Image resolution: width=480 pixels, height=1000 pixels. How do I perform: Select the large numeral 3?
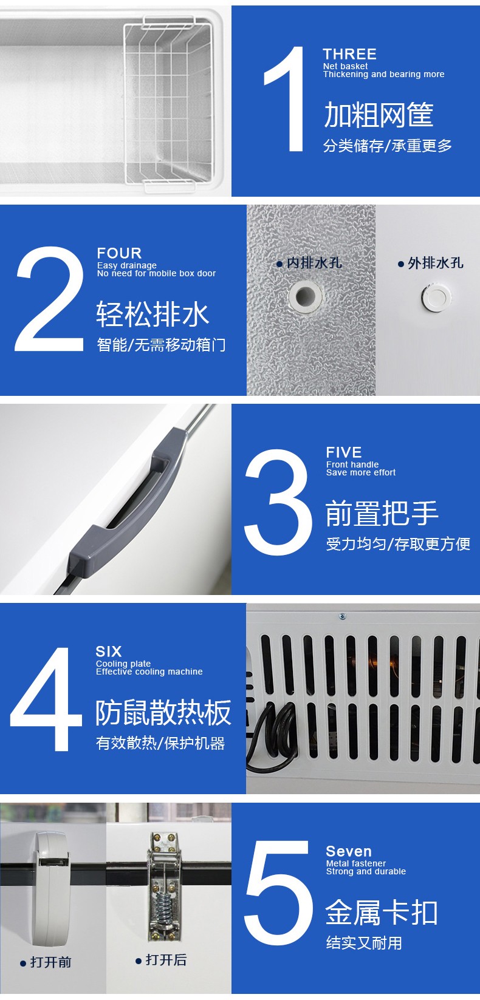coord(278,502)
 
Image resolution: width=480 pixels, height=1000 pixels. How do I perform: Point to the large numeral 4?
coord(47,699)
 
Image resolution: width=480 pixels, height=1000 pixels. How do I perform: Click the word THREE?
coord(349,54)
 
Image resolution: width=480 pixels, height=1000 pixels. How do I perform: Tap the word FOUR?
coord(119,253)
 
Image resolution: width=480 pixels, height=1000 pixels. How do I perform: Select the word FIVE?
coord(344,452)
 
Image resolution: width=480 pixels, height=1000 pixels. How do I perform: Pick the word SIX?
coord(109,651)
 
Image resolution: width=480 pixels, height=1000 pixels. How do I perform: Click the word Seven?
coord(349,851)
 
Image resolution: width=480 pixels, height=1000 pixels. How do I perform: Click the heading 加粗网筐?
coord(379,115)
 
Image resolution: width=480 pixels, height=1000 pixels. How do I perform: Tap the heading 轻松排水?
coord(153,315)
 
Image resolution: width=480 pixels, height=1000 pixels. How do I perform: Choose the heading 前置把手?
coord(382,514)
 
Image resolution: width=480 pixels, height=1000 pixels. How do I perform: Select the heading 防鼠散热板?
coord(163,713)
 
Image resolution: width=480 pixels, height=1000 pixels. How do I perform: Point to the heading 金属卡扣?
coord(382,913)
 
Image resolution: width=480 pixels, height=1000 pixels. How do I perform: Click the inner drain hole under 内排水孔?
coord(304,297)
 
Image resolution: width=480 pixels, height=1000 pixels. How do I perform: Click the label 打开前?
coord(50,962)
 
